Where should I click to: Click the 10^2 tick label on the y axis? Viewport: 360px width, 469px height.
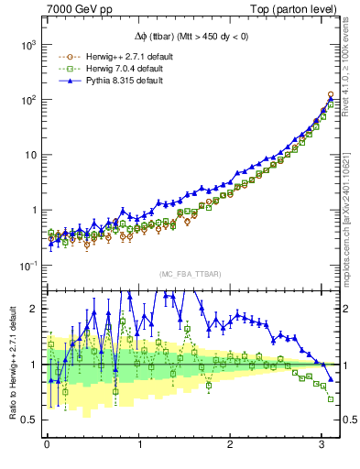[27, 100]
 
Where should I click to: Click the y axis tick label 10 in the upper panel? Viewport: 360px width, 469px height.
[29, 155]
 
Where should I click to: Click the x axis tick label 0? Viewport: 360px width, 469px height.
[47, 445]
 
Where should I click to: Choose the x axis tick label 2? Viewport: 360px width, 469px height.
[231, 445]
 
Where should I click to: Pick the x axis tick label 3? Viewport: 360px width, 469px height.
[322, 445]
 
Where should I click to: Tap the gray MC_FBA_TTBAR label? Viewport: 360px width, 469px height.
[188, 275]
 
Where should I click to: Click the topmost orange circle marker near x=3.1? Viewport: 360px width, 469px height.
[331, 94]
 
